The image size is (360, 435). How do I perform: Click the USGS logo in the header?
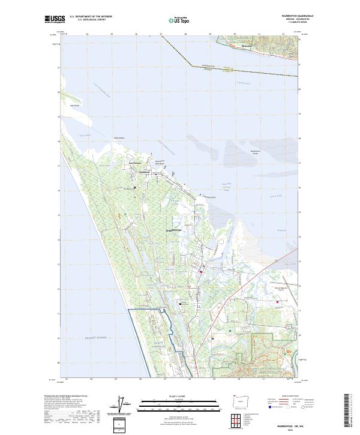click(55, 19)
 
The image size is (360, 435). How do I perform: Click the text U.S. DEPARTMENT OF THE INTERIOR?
click(91, 17)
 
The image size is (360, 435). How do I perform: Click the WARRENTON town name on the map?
click(173, 230)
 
